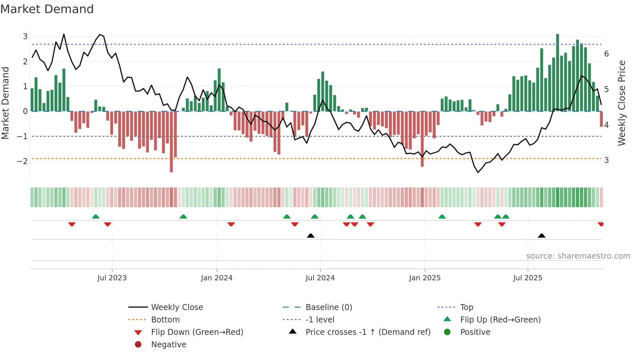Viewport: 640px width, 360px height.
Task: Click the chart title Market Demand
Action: tap(47, 9)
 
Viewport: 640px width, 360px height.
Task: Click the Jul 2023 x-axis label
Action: tap(112, 278)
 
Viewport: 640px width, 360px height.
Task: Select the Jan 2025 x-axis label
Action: tap(424, 278)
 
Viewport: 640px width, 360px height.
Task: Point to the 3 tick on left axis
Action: tap(25, 36)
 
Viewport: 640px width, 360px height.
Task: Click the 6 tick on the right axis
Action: tap(606, 54)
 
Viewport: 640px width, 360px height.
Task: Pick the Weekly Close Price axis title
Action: tap(622, 103)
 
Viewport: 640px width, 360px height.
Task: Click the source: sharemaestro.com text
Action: tap(578, 256)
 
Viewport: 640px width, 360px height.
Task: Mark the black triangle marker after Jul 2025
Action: tap(541, 236)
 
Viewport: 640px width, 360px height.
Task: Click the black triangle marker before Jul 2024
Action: tap(311, 236)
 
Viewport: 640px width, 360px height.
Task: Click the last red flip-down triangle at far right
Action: tap(600, 224)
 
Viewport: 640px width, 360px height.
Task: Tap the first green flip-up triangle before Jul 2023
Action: tap(95, 217)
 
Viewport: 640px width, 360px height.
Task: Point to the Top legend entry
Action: tap(466, 307)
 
